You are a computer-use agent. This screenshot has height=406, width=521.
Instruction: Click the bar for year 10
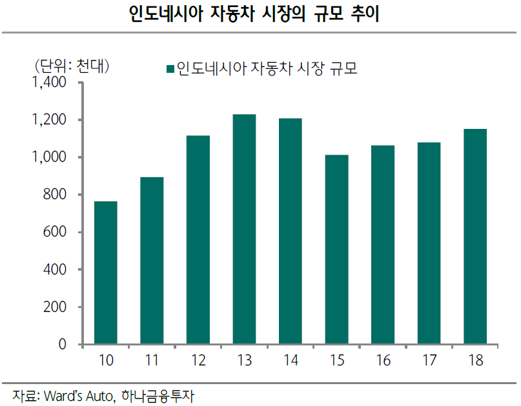(x=106, y=273)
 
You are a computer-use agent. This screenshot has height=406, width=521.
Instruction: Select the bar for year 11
(x=152, y=260)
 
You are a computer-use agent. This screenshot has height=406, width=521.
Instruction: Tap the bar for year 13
(x=244, y=229)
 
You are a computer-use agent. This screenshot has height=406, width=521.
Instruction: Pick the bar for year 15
(x=336, y=249)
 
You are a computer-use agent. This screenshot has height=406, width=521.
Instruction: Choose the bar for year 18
(x=475, y=237)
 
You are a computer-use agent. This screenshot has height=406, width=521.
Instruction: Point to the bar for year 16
(x=383, y=245)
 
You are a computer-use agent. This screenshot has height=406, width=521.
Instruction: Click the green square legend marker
(x=170, y=68)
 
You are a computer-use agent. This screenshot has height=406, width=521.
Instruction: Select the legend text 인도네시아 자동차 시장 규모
(x=267, y=68)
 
